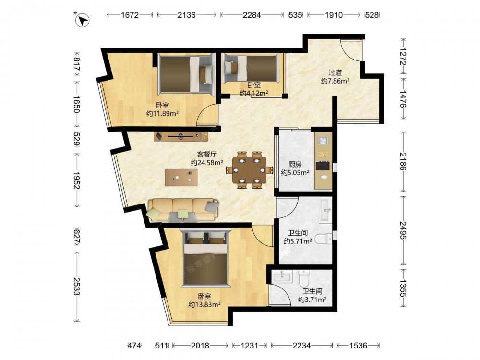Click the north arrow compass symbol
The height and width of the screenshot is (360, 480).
coord(82,20)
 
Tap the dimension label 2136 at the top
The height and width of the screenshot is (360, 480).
coord(186,15)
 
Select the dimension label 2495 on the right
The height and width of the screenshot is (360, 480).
coord(403,230)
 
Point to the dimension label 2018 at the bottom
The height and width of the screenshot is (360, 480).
coord(200,346)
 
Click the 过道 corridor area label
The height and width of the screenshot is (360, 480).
coord(335,72)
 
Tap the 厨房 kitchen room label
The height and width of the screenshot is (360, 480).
coord(295,164)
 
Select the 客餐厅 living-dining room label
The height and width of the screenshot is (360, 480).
coord(207,154)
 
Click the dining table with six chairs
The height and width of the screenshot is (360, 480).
coord(250,170)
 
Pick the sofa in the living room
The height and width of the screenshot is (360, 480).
coord(183,210)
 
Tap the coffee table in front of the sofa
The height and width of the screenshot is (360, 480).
coord(181,177)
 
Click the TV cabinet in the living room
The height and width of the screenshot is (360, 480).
coord(181,136)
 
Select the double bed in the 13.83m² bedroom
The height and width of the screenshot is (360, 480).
coord(205,258)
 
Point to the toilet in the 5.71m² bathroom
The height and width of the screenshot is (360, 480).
coord(323,238)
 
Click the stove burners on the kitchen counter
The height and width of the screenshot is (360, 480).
coord(323,166)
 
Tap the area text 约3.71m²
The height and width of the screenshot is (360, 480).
coord(312,300)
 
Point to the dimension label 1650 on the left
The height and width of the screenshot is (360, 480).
coord(76,104)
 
